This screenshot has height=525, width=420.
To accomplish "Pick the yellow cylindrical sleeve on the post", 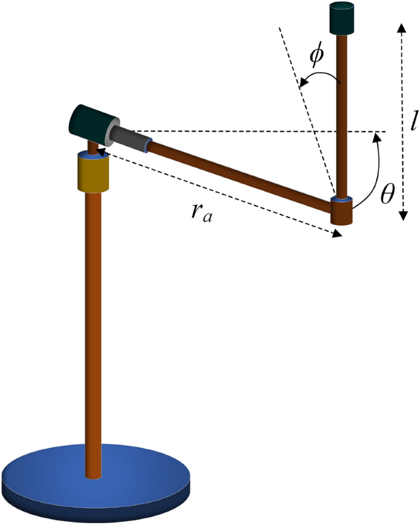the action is tap(93, 172).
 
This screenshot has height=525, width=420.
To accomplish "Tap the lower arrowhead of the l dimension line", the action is tap(402, 216).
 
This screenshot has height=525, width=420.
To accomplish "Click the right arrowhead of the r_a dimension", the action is tap(337, 234).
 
